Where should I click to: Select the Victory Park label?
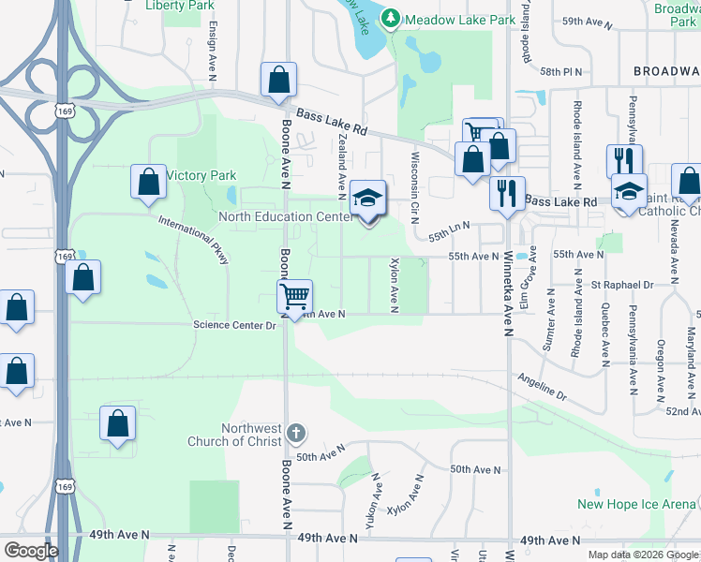(x=201, y=175)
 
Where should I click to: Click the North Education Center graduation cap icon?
(x=368, y=199)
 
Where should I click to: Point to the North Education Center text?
(x=286, y=216)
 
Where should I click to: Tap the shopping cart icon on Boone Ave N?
(x=295, y=298)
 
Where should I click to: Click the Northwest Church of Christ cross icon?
(x=295, y=433)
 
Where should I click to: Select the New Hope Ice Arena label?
(x=636, y=504)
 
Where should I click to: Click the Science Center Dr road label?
(x=234, y=325)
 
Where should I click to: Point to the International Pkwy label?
(x=194, y=240)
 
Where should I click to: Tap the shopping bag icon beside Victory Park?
(x=149, y=183)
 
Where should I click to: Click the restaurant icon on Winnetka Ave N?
(x=507, y=194)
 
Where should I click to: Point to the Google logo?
(x=30, y=551)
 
